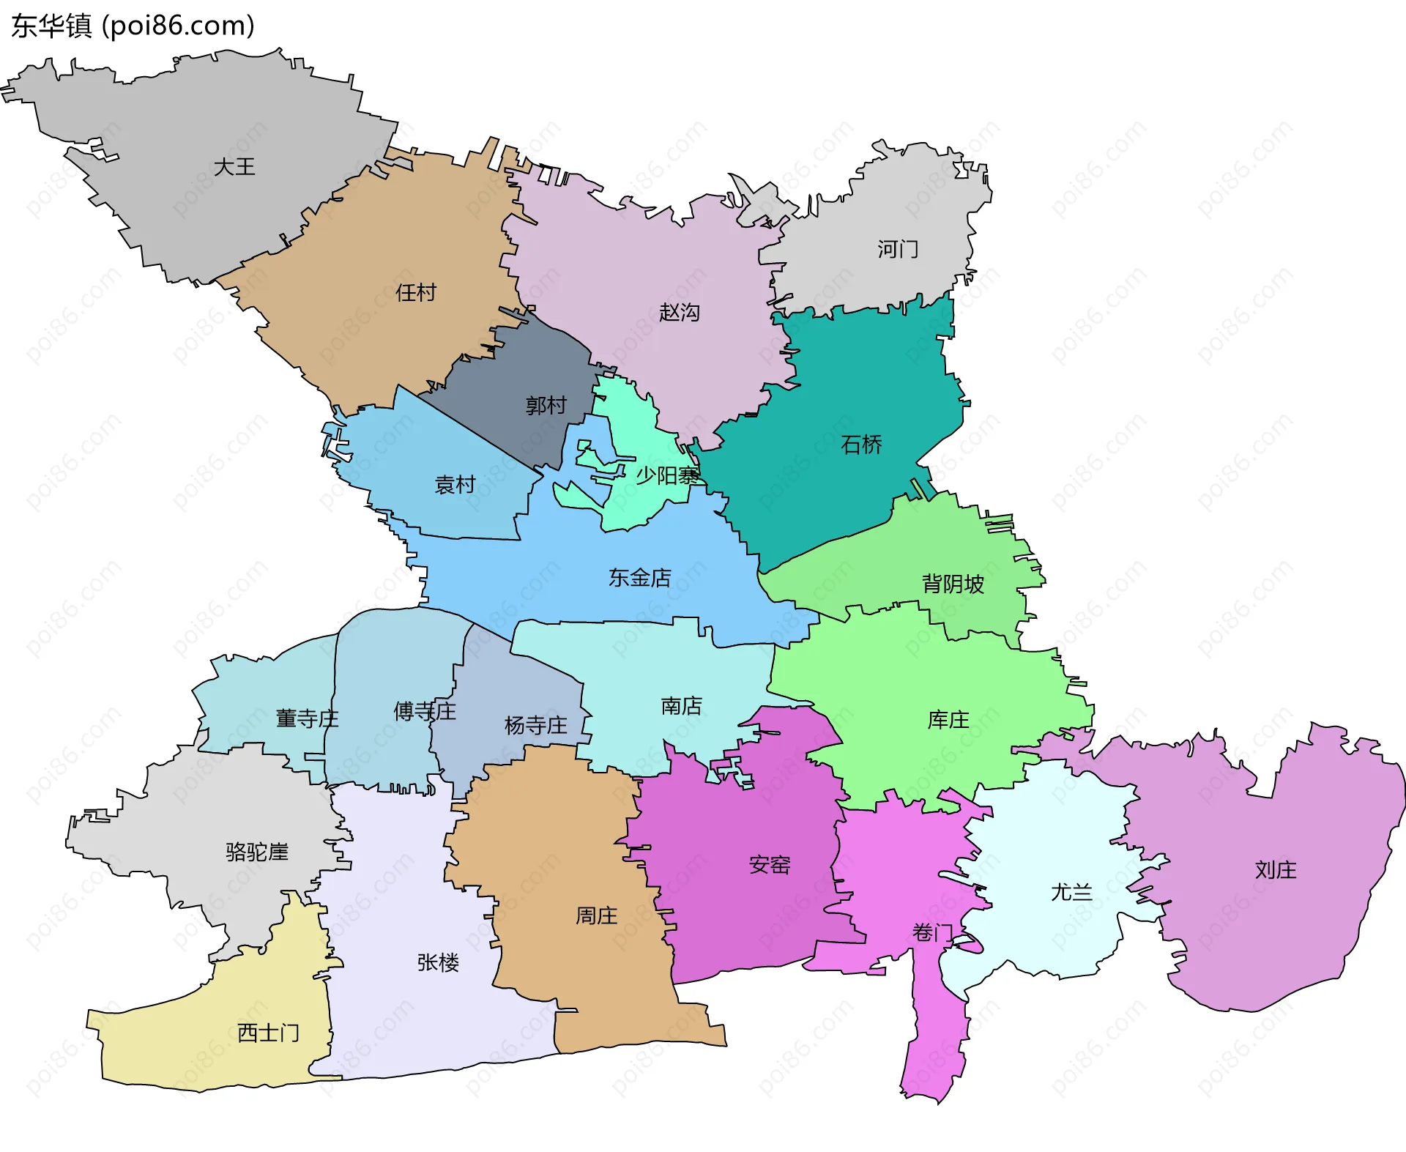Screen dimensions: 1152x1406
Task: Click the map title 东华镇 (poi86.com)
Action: coord(133,26)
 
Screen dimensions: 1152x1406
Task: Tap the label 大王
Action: coord(234,167)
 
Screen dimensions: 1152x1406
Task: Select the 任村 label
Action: coord(416,293)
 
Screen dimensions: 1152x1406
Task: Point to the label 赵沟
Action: coord(680,313)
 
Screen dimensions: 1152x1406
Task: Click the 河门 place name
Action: coord(898,250)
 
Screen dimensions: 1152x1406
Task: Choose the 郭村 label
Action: coord(546,405)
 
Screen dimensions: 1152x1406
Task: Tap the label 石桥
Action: coord(861,445)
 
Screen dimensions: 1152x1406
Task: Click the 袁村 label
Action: coord(455,484)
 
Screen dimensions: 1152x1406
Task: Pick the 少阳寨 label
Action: coord(666,476)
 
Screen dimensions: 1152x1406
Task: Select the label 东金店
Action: coord(640,578)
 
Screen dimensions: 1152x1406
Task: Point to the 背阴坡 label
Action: coord(953,584)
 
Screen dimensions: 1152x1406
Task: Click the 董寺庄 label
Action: coord(307,718)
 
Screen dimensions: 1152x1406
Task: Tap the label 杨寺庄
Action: coord(536,726)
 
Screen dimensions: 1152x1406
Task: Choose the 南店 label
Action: coord(682,706)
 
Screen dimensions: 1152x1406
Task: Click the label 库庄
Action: coord(948,720)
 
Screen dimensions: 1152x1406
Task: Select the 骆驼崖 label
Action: coord(257,852)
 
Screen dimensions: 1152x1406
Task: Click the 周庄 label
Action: coord(596,915)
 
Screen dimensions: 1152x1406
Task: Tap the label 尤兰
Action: coord(1071,892)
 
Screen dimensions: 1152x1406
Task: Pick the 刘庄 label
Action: coord(1276,870)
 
